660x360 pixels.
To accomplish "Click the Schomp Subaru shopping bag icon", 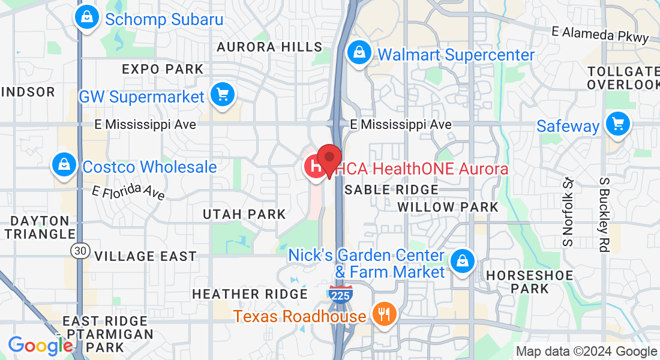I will [88, 17].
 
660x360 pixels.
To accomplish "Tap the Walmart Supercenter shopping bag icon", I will [359, 53].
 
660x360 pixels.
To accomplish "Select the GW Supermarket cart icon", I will [223, 95].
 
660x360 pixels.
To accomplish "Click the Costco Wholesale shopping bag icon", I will [64, 165].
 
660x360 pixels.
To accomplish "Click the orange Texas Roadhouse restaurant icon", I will [383, 314].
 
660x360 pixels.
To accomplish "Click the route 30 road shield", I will [79, 250].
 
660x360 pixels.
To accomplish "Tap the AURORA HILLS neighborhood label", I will [269, 47].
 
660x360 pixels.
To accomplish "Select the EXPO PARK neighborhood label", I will [163, 69].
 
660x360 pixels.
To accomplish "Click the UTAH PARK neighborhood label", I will [244, 214].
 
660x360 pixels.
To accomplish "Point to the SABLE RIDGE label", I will [391, 190].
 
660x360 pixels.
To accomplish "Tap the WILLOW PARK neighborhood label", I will [448, 207].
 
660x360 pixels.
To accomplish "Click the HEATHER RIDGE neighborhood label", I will [250, 294].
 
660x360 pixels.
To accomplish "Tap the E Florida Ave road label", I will [128, 191].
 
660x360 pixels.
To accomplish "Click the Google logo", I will [40, 346].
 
